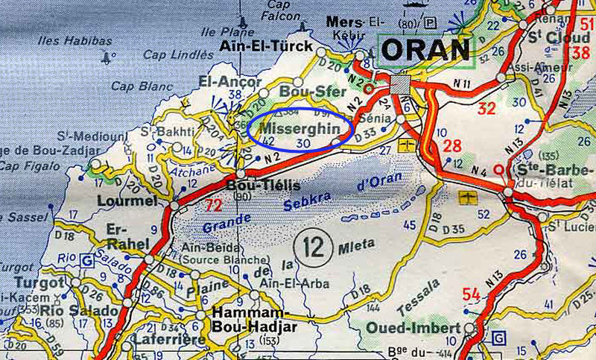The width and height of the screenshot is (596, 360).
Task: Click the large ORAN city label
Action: (427, 49)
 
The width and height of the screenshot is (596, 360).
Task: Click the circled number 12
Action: (312, 244)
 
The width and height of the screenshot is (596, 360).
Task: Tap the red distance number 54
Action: (471, 295)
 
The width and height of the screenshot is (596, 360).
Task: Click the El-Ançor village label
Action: (230, 81)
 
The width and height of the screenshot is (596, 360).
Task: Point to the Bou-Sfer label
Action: (303, 92)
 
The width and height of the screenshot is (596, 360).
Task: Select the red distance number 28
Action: (451, 145)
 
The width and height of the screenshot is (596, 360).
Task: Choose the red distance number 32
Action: (486, 109)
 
